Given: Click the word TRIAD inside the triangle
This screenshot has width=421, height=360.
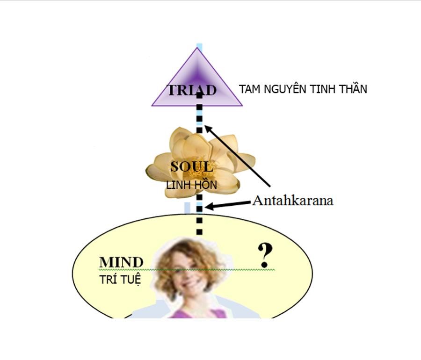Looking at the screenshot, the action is click(x=192, y=90).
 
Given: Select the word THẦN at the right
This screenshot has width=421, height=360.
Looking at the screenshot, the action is click(x=353, y=89).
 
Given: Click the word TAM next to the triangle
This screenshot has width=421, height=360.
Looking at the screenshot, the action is click(x=250, y=89).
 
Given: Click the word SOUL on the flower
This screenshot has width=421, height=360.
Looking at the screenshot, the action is click(x=192, y=166).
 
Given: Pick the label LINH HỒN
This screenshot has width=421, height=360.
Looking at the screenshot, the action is click(x=191, y=185).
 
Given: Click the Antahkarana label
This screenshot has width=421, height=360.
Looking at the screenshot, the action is click(x=293, y=201).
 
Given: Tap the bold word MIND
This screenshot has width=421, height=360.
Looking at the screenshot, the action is click(x=121, y=262).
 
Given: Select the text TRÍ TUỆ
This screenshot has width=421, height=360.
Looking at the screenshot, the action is click(x=120, y=280).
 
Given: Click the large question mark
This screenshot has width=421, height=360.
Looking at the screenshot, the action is click(x=265, y=255).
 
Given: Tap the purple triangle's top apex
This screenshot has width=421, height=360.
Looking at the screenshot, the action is click(x=197, y=48).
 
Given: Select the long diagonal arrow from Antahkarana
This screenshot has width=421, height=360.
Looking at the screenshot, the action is click(x=237, y=156).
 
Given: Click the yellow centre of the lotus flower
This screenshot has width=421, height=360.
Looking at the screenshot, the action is click(x=197, y=172).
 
